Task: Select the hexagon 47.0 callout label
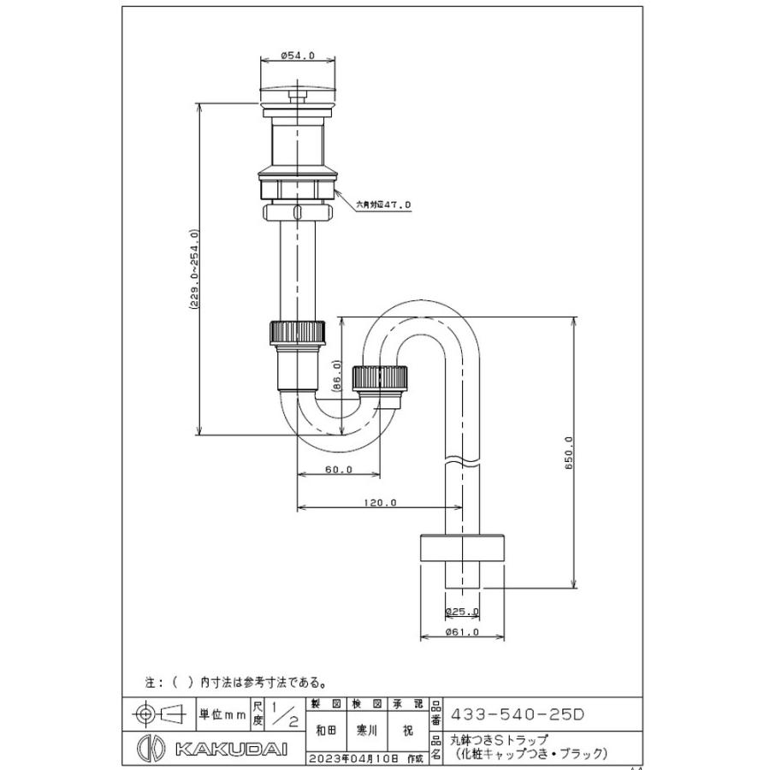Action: (x=384, y=205)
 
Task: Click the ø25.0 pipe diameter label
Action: (x=462, y=612)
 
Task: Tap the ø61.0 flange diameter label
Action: (x=462, y=632)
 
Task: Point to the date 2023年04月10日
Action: (x=362, y=757)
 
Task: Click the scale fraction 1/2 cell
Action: (x=281, y=712)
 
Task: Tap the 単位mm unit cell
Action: (x=222, y=712)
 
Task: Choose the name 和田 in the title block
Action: (x=325, y=731)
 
